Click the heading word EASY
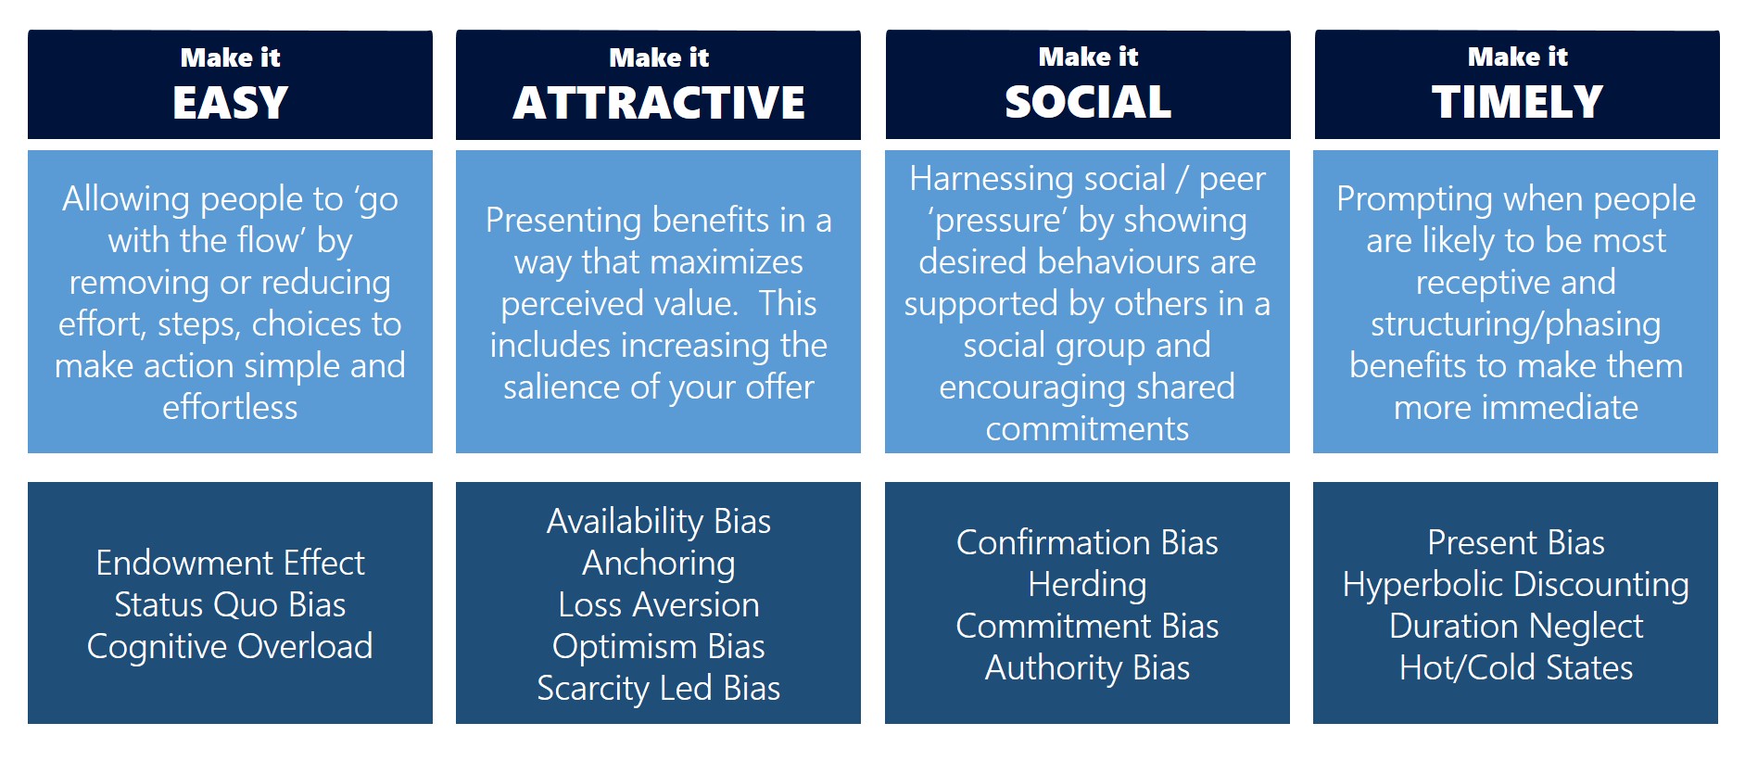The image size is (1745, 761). click(230, 102)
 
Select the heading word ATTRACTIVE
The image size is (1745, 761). click(659, 102)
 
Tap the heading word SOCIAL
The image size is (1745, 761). click(1088, 102)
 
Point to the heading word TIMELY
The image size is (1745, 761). click(1517, 102)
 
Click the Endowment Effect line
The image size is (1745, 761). click(230, 563)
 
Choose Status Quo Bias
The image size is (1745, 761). click(230, 604)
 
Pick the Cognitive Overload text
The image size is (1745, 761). click(230, 646)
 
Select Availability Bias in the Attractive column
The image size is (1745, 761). click(659, 521)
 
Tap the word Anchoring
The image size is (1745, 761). click(659, 564)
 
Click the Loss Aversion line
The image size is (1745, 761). click(659, 604)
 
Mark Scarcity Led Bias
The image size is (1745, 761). click(659, 688)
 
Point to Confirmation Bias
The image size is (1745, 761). click(1087, 542)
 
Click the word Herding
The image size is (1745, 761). click(1087, 584)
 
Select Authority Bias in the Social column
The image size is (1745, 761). click(1087, 667)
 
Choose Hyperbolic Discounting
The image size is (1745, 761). click(1516, 585)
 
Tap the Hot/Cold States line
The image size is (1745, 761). click(1516, 667)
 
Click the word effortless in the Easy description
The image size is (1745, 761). click(230, 407)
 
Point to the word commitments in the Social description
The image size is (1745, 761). click(1087, 428)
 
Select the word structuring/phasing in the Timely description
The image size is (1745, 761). click(1516, 324)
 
